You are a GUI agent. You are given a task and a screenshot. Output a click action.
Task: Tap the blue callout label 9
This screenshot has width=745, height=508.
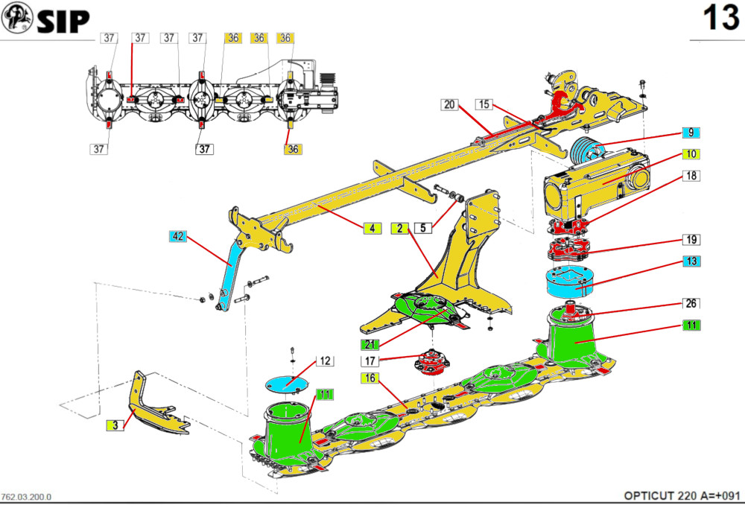pos(691,133)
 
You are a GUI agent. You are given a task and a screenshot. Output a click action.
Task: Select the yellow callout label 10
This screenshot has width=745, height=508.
pos(691,154)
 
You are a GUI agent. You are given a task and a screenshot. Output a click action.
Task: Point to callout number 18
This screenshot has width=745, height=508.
pos(691,177)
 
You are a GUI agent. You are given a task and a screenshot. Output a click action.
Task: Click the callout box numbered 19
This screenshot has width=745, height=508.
pos(691,240)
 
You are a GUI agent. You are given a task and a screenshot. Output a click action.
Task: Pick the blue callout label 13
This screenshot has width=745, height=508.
pos(691,261)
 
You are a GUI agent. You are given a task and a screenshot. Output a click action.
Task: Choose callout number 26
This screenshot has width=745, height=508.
pos(691,304)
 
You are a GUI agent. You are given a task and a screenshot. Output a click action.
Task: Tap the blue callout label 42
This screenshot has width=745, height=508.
pos(177,238)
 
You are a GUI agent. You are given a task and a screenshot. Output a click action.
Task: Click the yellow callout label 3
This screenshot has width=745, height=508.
pos(114,425)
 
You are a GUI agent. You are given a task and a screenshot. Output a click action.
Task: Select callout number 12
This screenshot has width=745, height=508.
pos(324,361)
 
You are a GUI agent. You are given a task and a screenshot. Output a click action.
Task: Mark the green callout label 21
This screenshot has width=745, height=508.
pos(370,344)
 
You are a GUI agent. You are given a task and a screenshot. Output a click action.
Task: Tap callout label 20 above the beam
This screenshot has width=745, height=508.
pos(449,104)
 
